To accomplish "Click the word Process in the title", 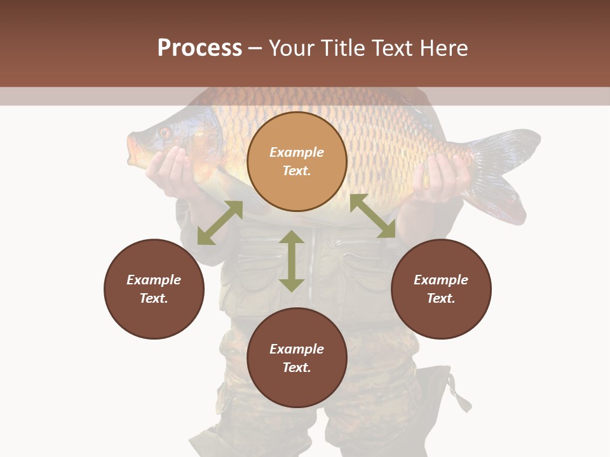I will [200, 48].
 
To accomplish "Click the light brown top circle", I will [297, 162].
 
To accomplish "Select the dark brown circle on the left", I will [154, 289].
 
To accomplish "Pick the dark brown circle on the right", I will [441, 289].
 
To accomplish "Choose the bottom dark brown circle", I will [297, 358].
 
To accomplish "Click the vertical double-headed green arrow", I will [292, 261].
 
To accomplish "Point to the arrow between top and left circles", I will [220, 223].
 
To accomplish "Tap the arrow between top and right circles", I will [372, 216].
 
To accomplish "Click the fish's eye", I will [164, 133].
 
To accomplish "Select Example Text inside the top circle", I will [297, 161].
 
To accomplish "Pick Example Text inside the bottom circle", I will [297, 358].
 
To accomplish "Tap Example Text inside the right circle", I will [441, 289].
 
